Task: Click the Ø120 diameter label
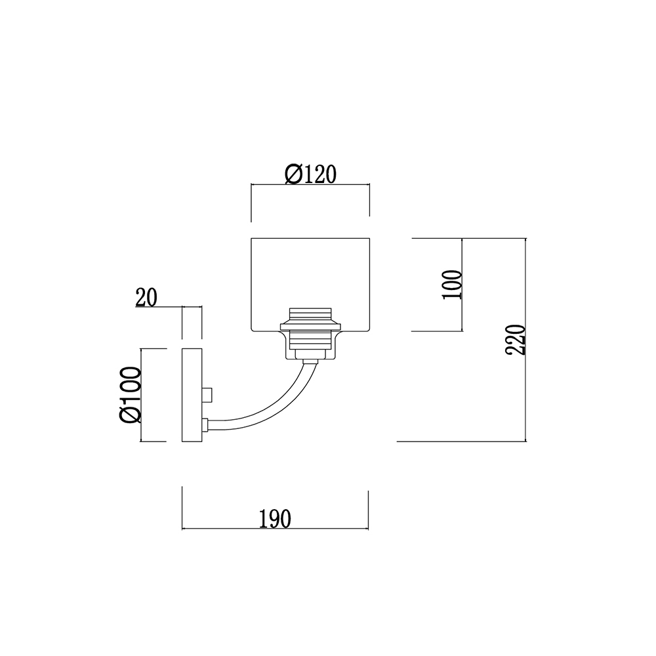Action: click(310, 174)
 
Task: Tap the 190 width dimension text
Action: click(275, 519)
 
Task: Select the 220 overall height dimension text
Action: click(515, 340)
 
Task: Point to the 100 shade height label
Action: click(452, 285)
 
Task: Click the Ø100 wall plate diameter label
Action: click(130, 394)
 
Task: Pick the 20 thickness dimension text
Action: click(146, 297)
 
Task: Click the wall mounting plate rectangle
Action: click(192, 395)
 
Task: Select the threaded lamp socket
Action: click(310, 329)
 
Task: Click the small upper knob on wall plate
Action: click(207, 394)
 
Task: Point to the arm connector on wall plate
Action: click(205, 424)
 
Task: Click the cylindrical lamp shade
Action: click(310, 285)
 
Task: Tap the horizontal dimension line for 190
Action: click(275, 529)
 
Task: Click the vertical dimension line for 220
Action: click(525, 340)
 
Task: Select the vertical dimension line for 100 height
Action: click(462, 285)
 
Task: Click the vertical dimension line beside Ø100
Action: click(141, 394)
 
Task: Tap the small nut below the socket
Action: click(310, 354)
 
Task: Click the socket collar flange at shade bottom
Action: click(310, 325)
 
